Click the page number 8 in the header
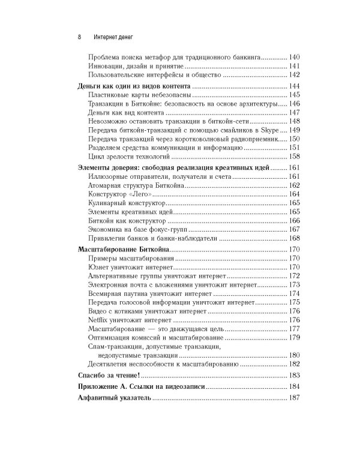coord(80,35)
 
